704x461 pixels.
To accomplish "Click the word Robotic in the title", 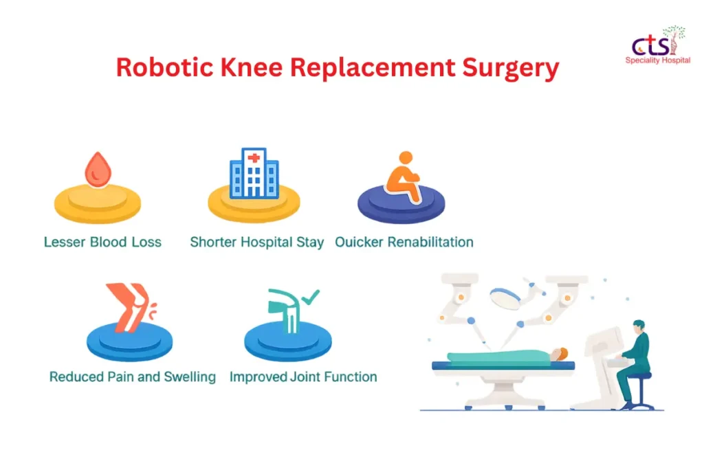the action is (164, 67).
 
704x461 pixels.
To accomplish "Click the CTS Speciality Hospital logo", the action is (658, 45).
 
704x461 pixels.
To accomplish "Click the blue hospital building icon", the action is (254, 173).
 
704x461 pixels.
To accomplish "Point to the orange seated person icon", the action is (403, 177).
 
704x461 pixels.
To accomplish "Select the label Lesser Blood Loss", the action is (102, 242).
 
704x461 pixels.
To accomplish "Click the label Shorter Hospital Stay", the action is (257, 243).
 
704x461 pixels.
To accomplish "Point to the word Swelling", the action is (190, 377).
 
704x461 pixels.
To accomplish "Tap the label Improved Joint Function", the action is (303, 376).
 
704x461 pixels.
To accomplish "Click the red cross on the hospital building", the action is (254, 157).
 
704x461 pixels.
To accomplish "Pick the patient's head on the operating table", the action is (560, 355).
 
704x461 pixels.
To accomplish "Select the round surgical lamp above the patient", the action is (505, 298).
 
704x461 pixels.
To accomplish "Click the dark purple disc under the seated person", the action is (401, 204).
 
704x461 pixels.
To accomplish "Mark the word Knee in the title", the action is (252, 67).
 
